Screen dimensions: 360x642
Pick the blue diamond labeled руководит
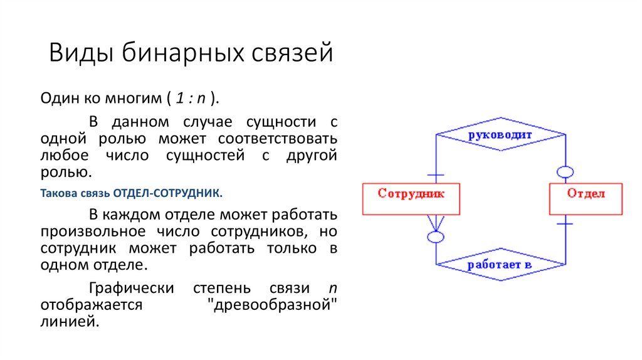[499, 134]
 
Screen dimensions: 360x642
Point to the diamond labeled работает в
[499, 265]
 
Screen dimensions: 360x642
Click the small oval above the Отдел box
[565, 171]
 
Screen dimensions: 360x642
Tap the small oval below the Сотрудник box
[435, 237]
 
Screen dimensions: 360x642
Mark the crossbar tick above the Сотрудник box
[435, 174]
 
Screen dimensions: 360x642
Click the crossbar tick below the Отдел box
[565, 223]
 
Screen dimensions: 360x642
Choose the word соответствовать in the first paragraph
[278, 138]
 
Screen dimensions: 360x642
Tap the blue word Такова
[58, 192]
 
